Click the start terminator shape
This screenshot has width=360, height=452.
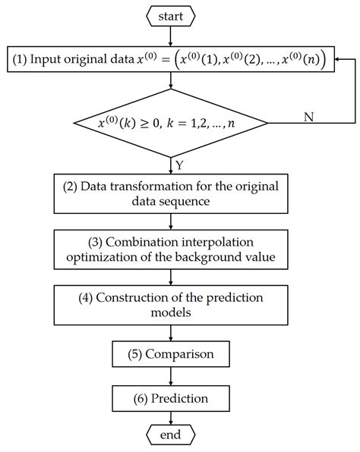[170, 14]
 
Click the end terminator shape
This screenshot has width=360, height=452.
[170, 435]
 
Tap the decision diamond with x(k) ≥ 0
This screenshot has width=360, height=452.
[170, 121]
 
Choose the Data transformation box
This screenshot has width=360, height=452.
[170, 195]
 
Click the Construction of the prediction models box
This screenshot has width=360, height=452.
[170, 304]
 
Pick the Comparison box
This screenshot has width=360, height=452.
[170, 353]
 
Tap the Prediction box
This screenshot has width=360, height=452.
[170, 397]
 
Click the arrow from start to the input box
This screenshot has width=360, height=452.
[170, 36]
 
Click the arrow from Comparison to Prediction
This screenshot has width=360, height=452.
[170, 375]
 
